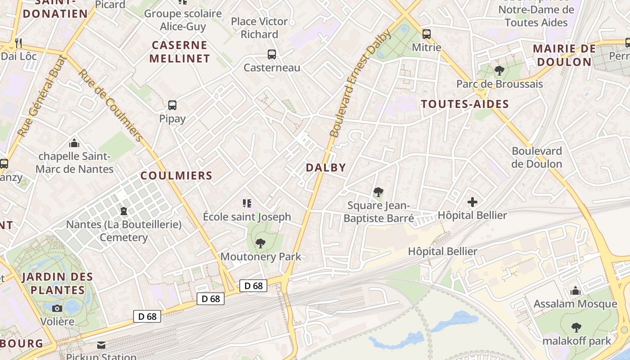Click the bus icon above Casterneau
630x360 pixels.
[272, 54]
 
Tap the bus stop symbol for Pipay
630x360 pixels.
[172, 105]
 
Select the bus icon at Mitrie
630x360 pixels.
[427, 34]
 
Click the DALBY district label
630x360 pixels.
[326, 168]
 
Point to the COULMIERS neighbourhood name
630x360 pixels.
[176, 175]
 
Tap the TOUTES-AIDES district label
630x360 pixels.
[465, 104]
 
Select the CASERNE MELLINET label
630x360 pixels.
[180, 52]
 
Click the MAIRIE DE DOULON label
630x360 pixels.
[564, 55]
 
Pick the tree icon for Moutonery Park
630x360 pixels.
[260, 243]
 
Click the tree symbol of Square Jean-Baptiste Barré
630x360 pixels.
[378, 192]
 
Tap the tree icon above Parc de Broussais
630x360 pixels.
[499, 70]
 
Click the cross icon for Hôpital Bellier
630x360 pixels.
[472, 202]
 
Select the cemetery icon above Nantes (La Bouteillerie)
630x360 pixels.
[124, 211]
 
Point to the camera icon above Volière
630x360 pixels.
[57, 308]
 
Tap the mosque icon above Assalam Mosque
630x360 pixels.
[575, 291]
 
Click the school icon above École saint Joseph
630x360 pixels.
[247, 203]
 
